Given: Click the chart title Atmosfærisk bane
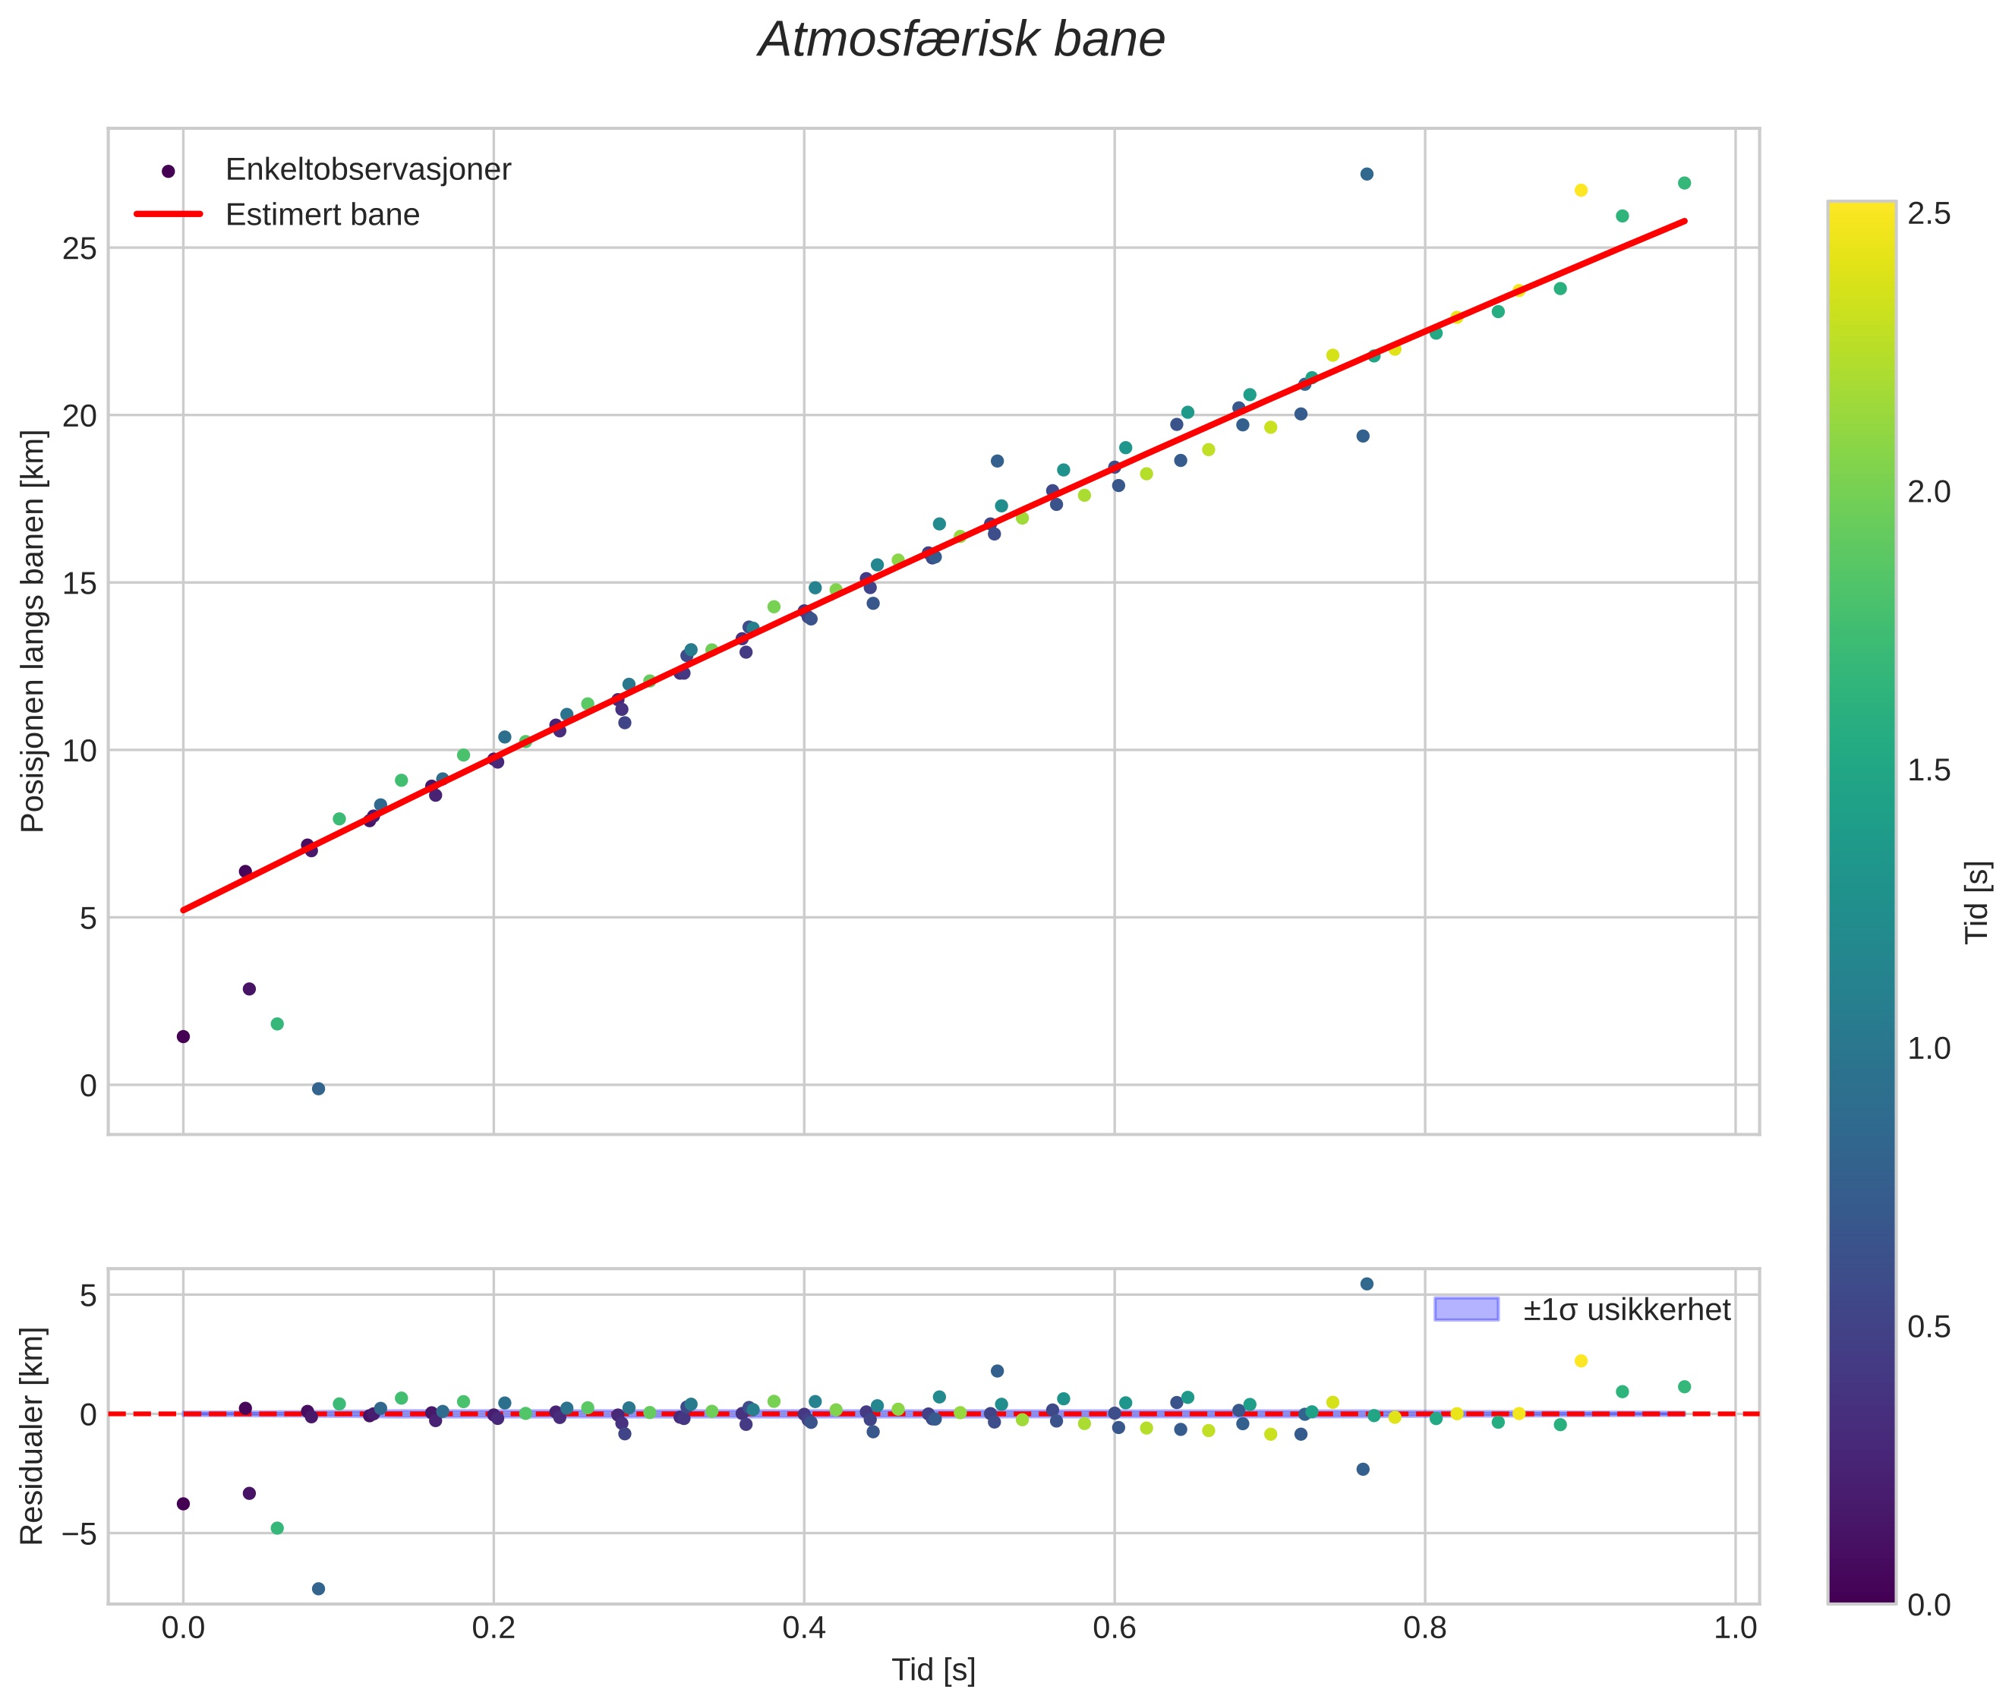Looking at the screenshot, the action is click(961, 39).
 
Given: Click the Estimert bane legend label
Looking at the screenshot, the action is click(322, 215).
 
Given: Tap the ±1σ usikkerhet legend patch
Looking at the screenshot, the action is click(1466, 1309).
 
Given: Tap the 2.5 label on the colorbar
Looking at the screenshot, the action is click(1928, 213).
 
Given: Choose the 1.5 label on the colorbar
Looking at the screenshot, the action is click(1928, 771).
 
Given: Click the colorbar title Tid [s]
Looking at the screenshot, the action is click(1977, 903).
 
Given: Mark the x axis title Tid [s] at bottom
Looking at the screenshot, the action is click(933, 1670).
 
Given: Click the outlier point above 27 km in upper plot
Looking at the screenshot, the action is click(1366, 174).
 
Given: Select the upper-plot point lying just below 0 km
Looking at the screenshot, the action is click(318, 1089).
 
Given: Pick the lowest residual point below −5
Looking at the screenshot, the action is click(318, 1588).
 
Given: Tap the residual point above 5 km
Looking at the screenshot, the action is click(1366, 1284).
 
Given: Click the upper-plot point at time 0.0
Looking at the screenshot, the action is click(183, 1036).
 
